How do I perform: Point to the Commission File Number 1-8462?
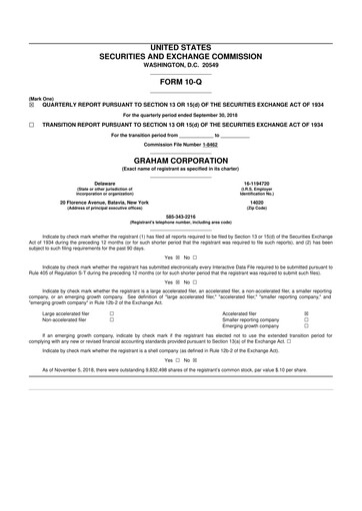click(x=180, y=145)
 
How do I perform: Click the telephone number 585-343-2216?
click(x=180, y=216)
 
